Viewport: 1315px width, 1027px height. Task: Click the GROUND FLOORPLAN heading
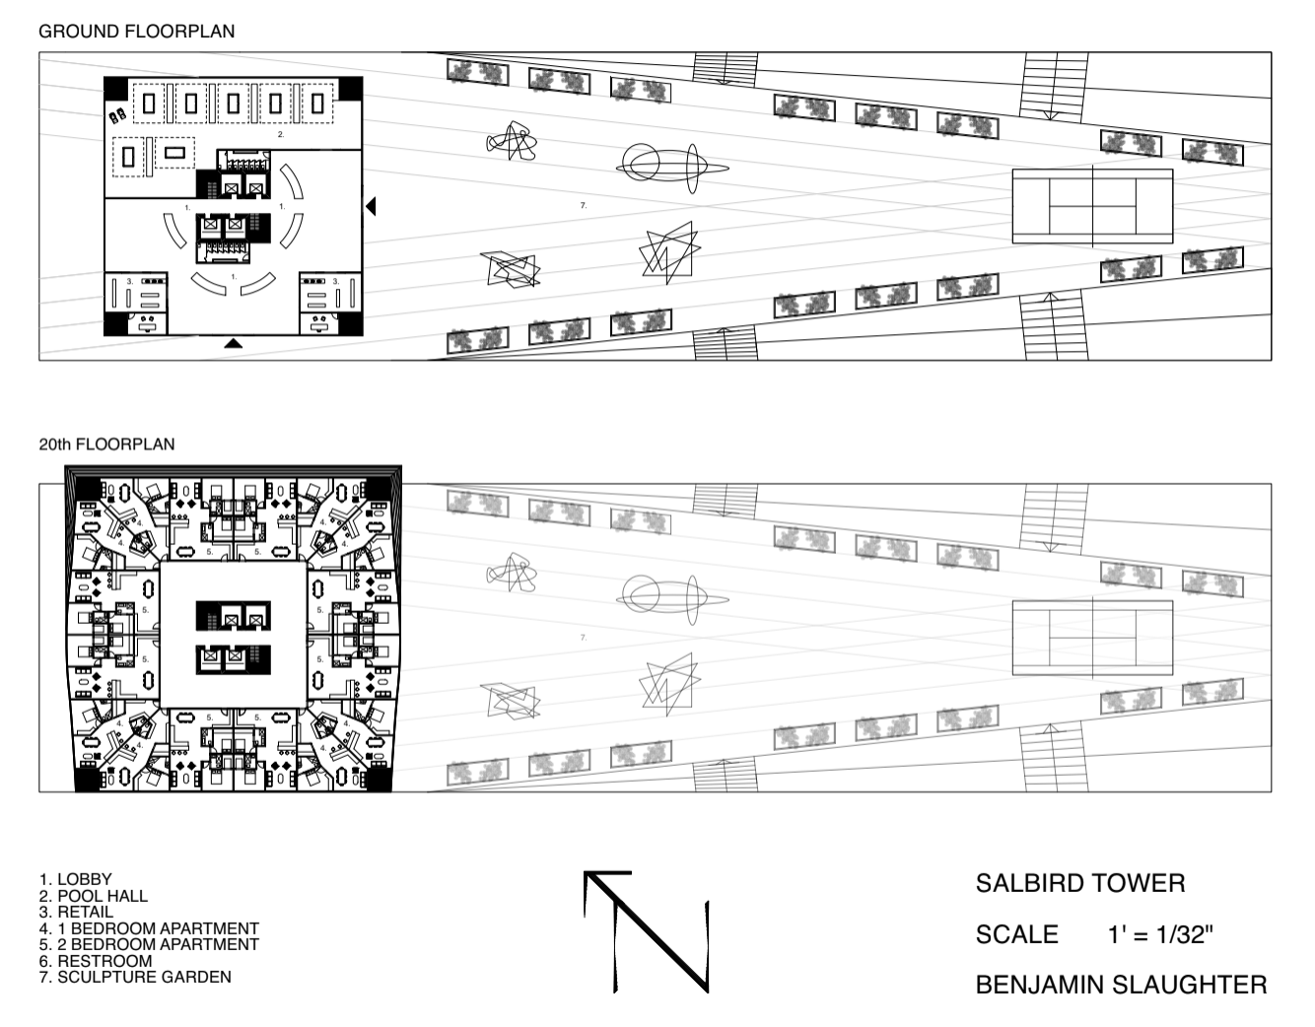pos(137,32)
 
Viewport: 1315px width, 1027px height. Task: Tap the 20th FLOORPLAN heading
pos(106,445)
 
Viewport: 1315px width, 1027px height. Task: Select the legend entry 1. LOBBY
pos(76,879)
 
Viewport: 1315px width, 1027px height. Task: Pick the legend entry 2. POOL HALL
pos(94,896)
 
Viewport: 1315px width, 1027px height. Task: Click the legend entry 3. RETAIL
pos(76,912)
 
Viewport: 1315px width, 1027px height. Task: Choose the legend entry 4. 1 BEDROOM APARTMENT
pos(149,928)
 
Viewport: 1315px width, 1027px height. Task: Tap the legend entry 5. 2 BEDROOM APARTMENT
pos(149,945)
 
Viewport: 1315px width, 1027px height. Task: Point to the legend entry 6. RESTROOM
pos(96,961)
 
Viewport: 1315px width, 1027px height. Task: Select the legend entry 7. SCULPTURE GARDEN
pos(135,978)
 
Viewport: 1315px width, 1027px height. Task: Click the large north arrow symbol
pos(647,932)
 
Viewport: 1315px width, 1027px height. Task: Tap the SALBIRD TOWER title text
pos(1080,884)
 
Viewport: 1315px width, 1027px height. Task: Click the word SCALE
pos(1016,934)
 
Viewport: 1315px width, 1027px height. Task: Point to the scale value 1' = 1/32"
pos(1160,934)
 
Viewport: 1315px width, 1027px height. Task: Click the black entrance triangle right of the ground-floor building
pos(371,206)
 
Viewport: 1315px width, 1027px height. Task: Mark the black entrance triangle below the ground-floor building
pos(234,344)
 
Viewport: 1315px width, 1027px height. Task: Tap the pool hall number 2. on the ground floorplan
pos(281,134)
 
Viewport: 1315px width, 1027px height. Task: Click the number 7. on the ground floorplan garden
pos(584,206)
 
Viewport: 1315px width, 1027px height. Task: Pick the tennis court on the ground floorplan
pos(1092,206)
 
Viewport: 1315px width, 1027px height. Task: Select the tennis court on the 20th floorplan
pos(1092,638)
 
